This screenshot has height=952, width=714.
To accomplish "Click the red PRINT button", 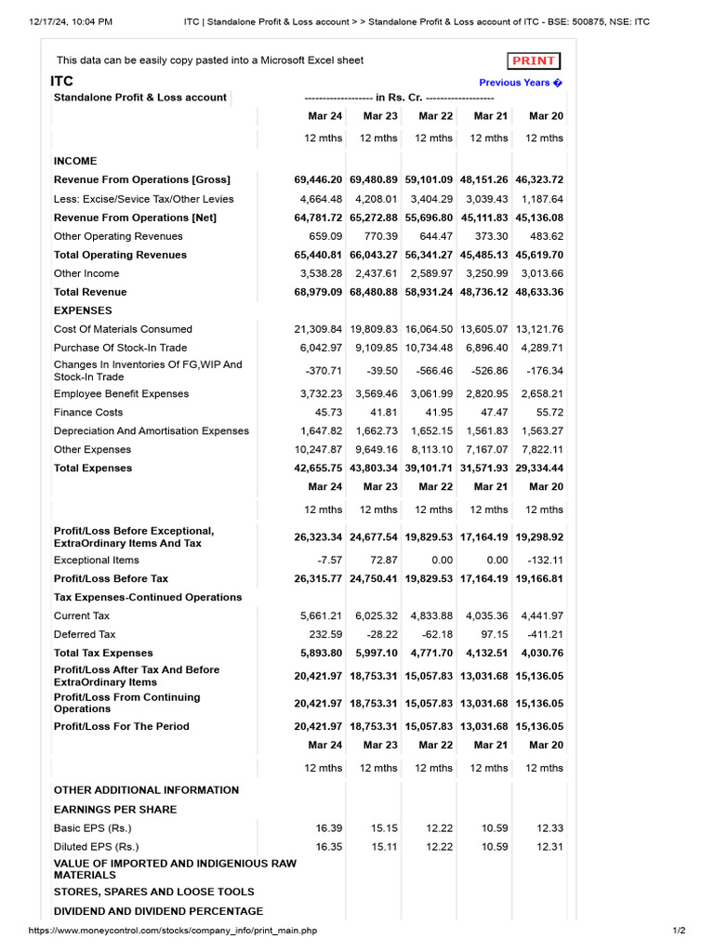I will pos(534,61).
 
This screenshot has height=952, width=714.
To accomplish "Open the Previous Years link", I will pos(521,83).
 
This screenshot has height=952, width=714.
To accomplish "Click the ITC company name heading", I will pos(61,82).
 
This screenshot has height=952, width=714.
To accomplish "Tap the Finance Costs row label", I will pos(88,412).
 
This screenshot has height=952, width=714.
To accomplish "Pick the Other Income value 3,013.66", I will pos(540,273).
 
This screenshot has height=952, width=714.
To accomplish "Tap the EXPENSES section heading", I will pos(83,311).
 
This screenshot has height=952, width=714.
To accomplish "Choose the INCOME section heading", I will pos(75,161).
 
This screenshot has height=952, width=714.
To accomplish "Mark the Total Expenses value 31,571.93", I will pos(484,468).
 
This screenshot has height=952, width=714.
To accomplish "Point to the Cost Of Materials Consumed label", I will pos(123,329).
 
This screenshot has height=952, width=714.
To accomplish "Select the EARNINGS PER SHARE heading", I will pos(115,809).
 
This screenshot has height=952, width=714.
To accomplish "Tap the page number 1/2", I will pos(679,931).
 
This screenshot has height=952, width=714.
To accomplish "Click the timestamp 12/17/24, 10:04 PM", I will pos(71,21).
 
